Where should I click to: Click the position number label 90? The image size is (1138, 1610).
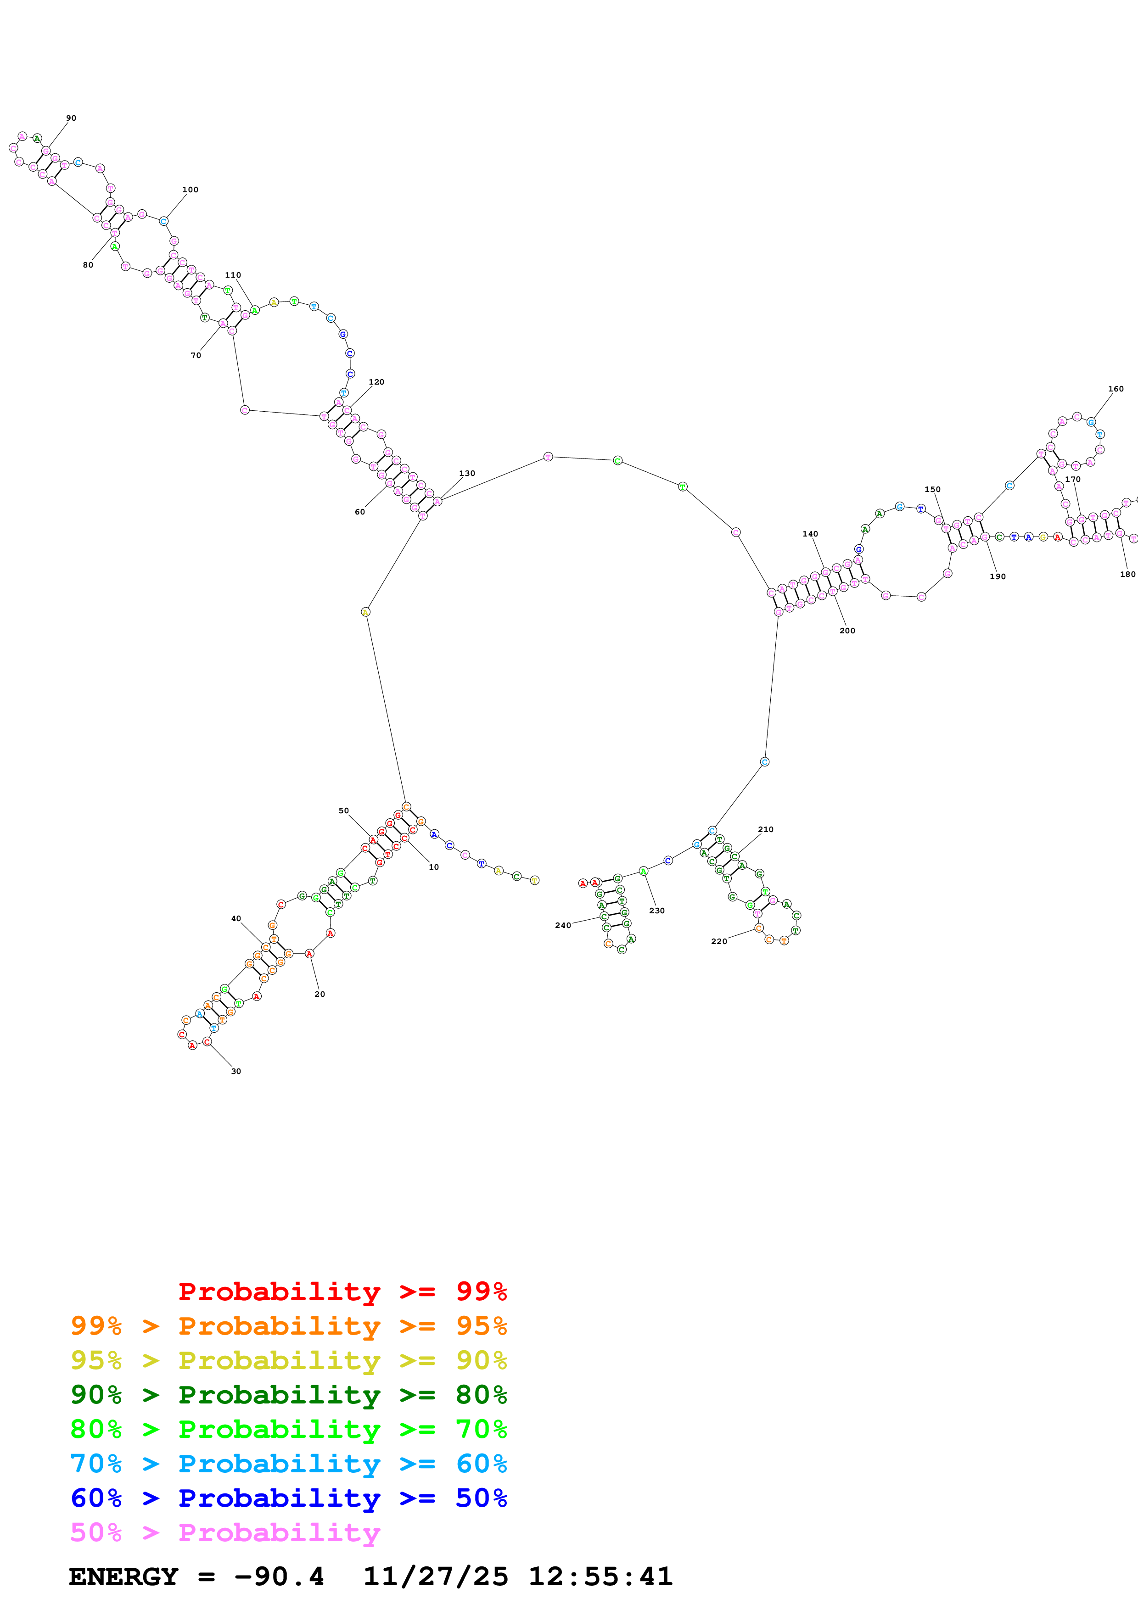coord(71,118)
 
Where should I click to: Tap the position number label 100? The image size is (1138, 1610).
coord(190,190)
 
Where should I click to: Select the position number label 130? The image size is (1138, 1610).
coord(467,473)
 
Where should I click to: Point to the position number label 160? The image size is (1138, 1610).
coord(1116,388)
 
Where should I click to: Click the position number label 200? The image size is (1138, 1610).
coord(847,631)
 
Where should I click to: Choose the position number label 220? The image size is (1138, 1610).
coord(719,941)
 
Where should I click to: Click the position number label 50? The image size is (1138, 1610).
coord(343,811)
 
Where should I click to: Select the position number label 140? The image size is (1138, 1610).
coord(810,534)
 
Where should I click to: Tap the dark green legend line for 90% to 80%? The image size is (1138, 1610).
coord(288,1395)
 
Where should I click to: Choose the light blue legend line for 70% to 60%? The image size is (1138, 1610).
coord(288,1464)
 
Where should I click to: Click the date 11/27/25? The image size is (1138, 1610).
coord(436,1576)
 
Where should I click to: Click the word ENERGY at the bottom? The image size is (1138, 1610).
coord(123,1576)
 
